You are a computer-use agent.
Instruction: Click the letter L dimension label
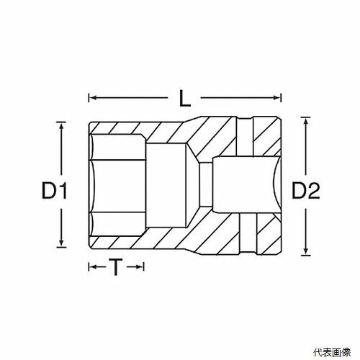tap(185, 99)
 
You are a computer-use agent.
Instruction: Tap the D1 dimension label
tap(54, 191)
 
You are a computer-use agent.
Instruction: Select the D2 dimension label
tap(306, 190)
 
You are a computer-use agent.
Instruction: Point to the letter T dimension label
tap(116, 267)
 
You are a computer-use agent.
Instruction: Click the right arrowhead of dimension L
tap(277, 98)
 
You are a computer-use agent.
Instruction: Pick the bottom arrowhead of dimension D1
tap(61, 243)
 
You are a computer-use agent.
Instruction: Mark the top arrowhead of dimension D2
tap(305, 121)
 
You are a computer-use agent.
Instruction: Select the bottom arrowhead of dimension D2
tap(305, 251)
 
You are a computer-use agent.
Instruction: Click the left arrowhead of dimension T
tap(93, 267)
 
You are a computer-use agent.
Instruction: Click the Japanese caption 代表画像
tap(332, 352)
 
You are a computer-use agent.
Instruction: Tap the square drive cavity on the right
tap(246, 184)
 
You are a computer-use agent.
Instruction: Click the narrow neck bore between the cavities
tap(206, 184)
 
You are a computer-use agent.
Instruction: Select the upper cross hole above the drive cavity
tap(244, 137)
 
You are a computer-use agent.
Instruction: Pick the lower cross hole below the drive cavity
tap(248, 233)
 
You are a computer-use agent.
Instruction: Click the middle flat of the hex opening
tap(120, 186)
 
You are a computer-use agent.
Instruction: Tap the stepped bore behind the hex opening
tap(166, 185)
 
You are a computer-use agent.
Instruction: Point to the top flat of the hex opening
tap(118, 147)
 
